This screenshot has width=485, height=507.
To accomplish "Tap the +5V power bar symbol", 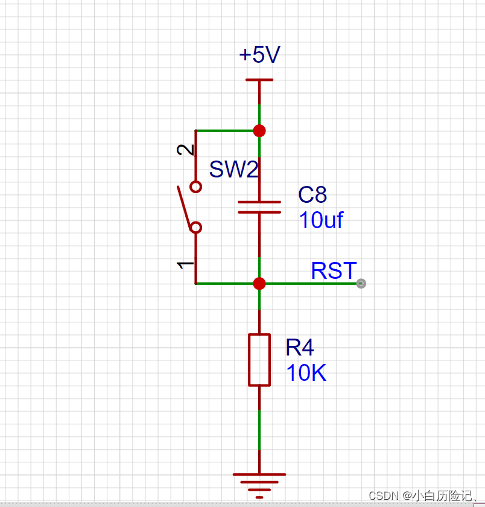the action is click(259, 80).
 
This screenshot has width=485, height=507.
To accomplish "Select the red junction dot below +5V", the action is click(259, 131).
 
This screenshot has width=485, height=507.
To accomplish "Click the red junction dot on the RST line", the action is click(259, 284).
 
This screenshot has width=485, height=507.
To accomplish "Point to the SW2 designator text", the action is click(234, 169).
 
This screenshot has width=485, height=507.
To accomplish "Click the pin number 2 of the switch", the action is click(185, 150).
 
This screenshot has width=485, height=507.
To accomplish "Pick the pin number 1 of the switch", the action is click(185, 265).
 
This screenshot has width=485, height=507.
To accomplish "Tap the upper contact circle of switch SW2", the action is click(196, 187).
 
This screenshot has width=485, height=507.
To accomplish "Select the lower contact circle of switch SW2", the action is click(196, 228).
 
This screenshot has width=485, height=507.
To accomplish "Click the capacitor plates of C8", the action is click(259, 207).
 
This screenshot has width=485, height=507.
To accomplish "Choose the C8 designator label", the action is click(312, 194).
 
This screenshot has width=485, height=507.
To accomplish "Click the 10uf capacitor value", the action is click(321, 220).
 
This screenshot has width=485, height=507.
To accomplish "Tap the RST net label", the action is click(334, 270).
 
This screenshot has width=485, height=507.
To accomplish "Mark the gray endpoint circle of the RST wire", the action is click(361, 284).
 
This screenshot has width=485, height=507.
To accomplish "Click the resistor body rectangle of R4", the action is click(259, 360).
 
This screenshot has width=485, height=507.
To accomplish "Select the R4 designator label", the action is click(300, 347).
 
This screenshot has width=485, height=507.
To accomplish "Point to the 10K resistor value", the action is click(306, 372).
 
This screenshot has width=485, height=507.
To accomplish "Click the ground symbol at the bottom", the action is click(259, 486).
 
